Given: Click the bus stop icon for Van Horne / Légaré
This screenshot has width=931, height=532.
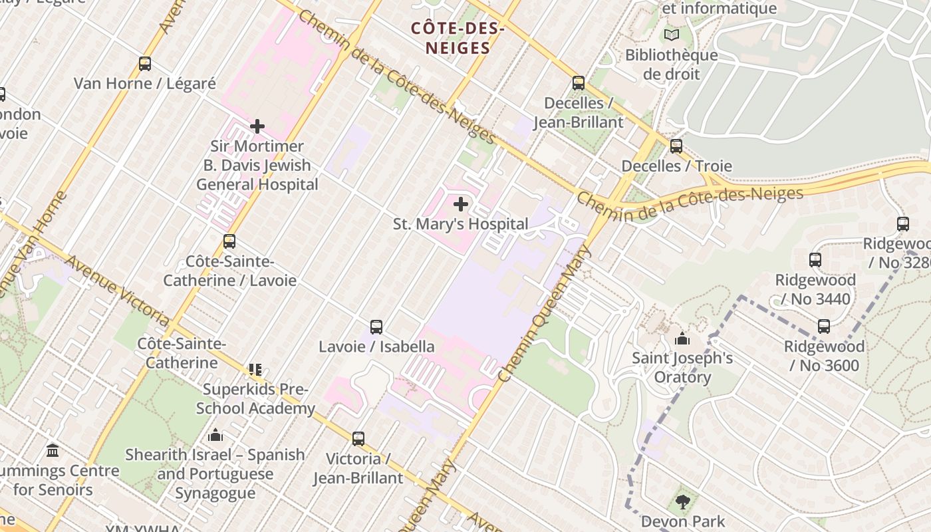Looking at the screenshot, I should (x=145, y=64).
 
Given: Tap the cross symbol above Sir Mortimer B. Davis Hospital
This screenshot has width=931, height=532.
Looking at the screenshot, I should (x=257, y=126).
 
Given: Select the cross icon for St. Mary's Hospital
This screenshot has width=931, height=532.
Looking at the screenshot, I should (x=460, y=204).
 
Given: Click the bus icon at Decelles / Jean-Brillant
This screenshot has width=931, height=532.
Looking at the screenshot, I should (x=579, y=83).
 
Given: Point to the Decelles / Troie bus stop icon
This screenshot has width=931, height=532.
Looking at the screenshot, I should (x=676, y=146).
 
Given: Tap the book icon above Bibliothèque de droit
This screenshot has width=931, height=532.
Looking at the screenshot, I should (x=672, y=35).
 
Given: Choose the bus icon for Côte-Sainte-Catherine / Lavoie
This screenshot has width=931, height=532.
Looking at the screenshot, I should (x=229, y=241).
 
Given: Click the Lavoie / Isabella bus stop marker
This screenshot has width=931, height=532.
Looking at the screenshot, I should (x=376, y=327).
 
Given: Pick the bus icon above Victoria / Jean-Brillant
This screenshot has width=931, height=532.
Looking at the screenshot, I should (x=358, y=439).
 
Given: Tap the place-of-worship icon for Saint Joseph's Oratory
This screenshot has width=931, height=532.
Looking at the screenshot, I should (x=682, y=339).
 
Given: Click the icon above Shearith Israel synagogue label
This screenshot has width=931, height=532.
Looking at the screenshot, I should (x=215, y=436).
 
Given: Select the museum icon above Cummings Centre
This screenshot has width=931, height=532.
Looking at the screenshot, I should (x=53, y=452).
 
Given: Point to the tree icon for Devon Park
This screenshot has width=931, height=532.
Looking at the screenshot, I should (x=682, y=502).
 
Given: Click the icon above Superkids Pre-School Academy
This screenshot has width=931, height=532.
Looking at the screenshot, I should (x=255, y=370).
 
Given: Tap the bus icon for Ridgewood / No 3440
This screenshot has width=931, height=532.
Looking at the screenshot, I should (x=815, y=260).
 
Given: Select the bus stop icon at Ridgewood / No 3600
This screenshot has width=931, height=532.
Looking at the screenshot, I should (x=824, y=327).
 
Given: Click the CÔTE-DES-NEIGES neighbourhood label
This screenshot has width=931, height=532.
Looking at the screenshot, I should (x=458, y=38).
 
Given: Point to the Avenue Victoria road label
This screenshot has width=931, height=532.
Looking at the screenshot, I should (x=118, y=291).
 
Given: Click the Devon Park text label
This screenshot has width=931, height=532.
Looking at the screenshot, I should (x=682, y=521).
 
